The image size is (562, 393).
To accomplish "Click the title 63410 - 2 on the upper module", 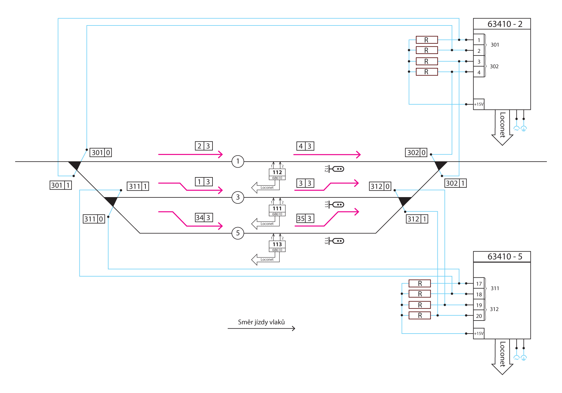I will point(505,24).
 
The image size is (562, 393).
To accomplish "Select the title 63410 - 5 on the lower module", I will point(505,257).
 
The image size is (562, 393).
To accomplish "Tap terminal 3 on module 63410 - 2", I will point(479,62).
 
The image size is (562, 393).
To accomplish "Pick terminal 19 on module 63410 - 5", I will point(479,305).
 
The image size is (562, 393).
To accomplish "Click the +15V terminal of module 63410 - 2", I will point(479,104).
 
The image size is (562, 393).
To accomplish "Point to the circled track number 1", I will point(238,161).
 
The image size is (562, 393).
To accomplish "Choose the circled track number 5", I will point(238,233).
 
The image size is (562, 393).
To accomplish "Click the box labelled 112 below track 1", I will point(277,172).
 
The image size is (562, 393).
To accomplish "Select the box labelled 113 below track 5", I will point(277,244).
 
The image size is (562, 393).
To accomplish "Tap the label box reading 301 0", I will point(101,153).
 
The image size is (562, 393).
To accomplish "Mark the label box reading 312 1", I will point(417,219).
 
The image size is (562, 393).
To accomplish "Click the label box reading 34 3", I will point(204,217).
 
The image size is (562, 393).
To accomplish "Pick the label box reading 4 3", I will point(305,146).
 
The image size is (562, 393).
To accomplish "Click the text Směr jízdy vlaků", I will point(261,322).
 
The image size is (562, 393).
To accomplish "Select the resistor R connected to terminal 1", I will point(427,40).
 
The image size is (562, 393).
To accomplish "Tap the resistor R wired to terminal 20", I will point(420,315).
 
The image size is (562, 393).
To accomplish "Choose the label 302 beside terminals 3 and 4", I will point(494,66).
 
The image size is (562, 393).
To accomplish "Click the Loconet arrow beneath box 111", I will point(263,224).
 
